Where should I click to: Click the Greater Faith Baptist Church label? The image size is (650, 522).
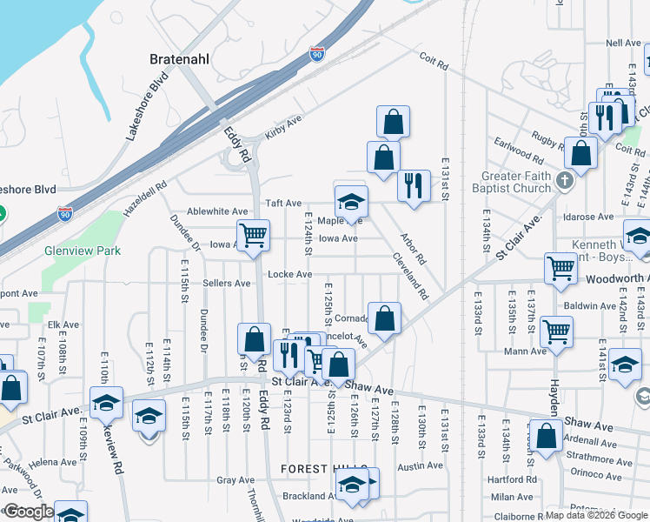click(516, 182)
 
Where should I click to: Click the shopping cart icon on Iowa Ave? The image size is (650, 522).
click(253, 234)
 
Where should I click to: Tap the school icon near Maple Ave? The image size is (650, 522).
click(351, 202)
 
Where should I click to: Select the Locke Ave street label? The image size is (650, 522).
click(289, 275)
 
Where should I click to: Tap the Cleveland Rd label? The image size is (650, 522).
click(410, 276)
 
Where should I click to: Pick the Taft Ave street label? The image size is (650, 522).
click(283, 202)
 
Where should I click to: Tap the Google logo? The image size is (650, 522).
click(28, 512)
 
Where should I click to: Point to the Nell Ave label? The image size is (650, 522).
click(622, 43)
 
